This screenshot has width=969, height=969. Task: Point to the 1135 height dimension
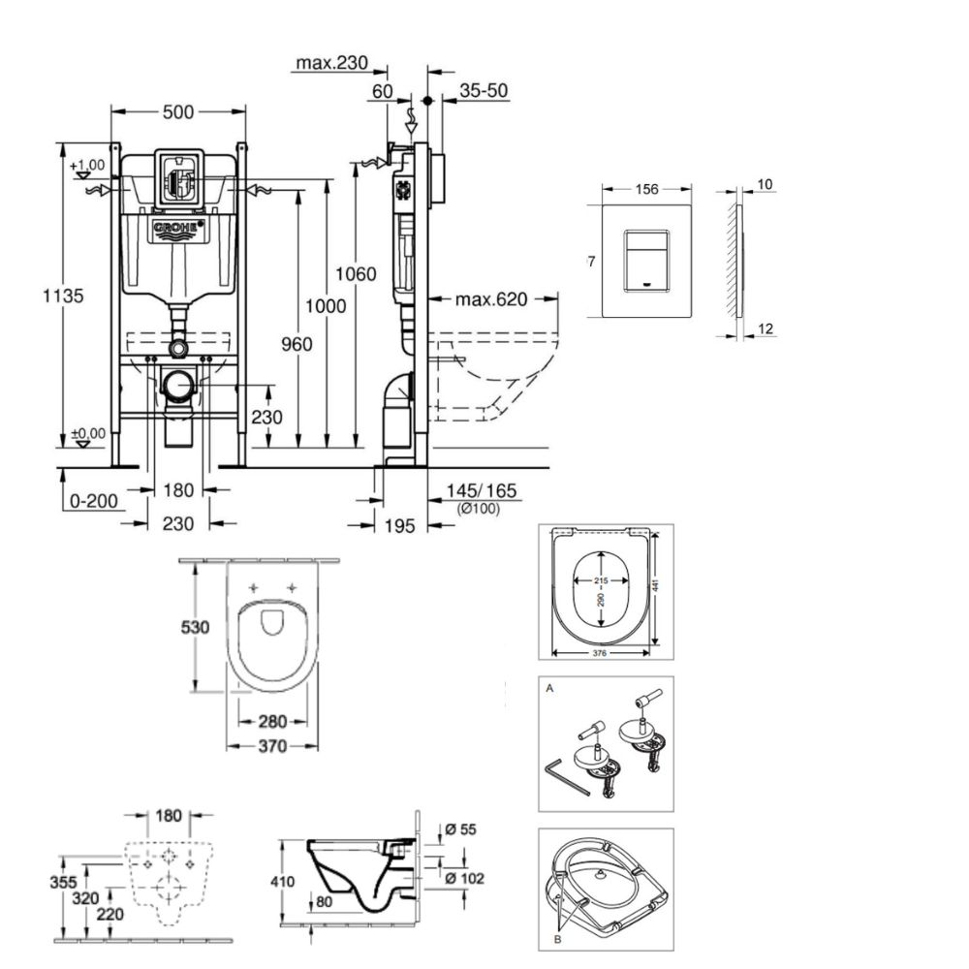point(82,295)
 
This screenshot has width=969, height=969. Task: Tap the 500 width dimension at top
point(177,111)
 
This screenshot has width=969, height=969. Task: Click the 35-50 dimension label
point(484,91)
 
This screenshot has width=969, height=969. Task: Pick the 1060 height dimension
point(357,274)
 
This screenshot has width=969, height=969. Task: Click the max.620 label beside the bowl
point(491,299)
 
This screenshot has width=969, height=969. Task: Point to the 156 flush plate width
point(646,191)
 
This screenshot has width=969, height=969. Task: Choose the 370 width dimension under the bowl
point(271,746)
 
